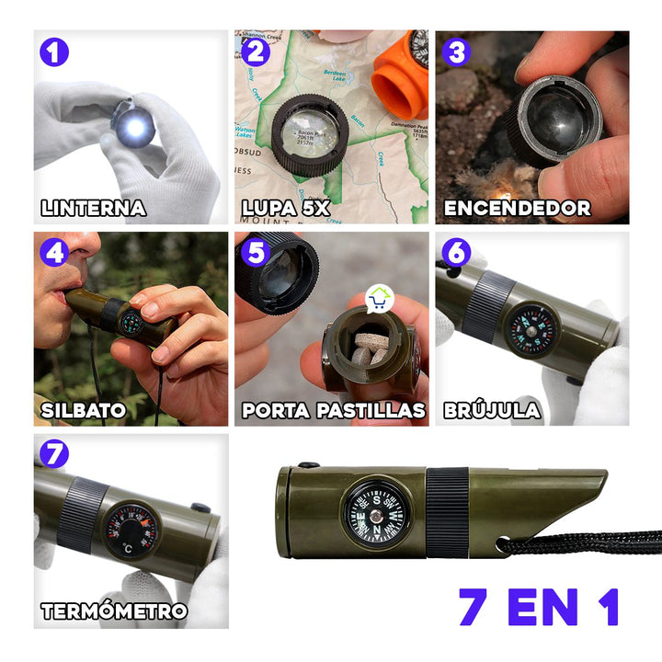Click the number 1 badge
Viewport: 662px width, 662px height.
54,51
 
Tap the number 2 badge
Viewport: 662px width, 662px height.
257,51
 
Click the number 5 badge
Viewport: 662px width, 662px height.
257,251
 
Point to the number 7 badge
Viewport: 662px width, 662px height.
54,453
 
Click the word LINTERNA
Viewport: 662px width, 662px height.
93,208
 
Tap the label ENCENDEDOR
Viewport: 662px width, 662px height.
517,208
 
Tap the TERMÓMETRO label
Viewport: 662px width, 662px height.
114,611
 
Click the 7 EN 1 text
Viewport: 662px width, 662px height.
539,607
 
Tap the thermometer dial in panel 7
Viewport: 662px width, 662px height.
132,531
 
